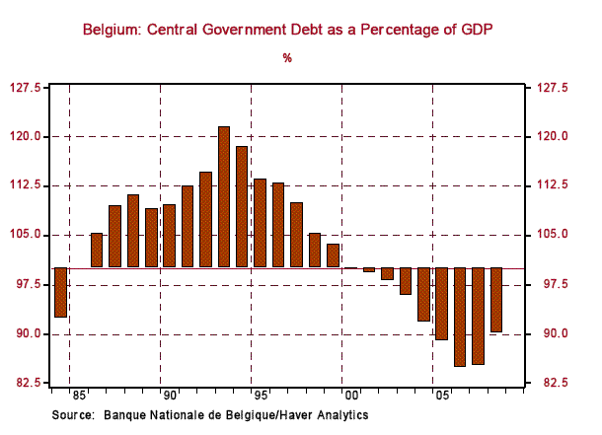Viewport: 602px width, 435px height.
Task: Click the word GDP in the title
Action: [x=474, y=31]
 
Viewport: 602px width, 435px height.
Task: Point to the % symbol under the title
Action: [x=287, y=58]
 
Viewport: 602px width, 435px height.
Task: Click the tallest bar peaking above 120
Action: [x=224, y=196]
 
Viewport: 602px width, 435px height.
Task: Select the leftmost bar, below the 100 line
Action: [x=60, y=292]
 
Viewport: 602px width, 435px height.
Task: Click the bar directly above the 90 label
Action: [x=169, y=236]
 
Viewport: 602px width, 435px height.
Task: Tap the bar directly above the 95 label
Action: [x=261, y=223]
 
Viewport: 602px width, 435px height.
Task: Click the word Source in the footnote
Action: [x=72, y=416]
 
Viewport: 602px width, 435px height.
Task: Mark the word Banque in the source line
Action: [x=124, y=416]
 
